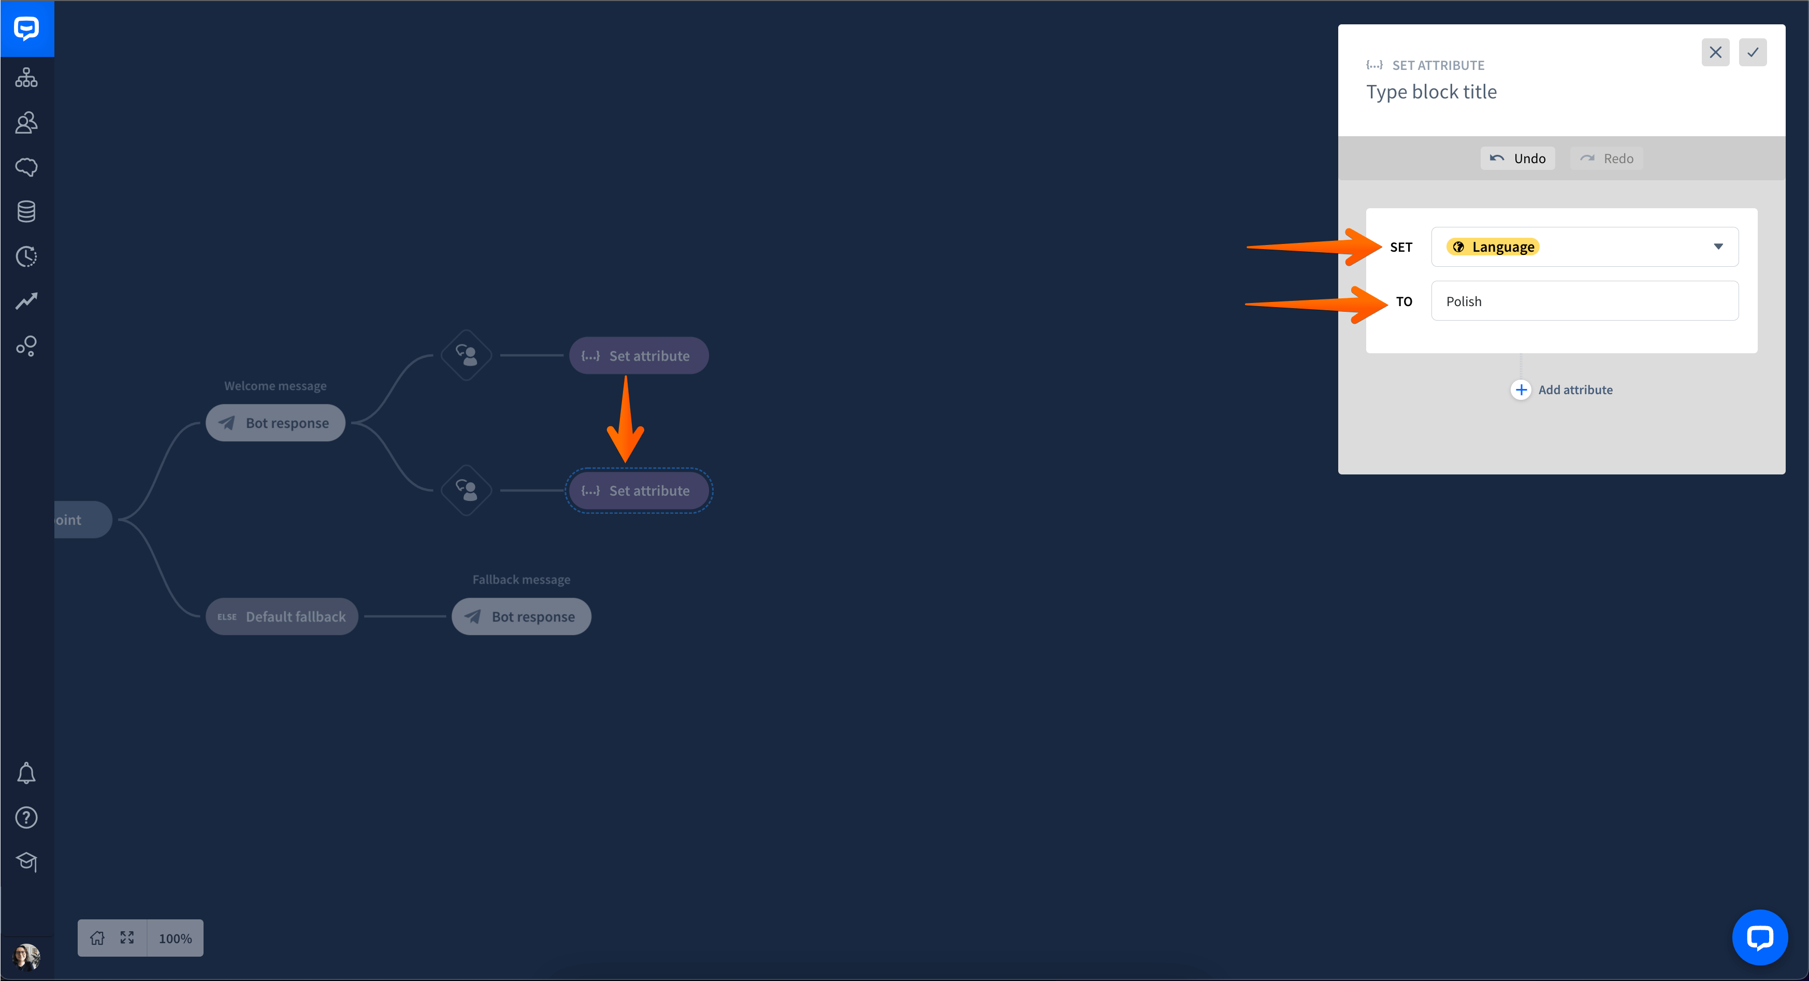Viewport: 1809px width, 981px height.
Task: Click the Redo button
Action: (1606, 158)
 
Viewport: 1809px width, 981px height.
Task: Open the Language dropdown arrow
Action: (1718, 247)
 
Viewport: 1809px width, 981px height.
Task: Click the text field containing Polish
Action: (1584, 301)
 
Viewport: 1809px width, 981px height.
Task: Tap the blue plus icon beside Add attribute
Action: (1521, 389)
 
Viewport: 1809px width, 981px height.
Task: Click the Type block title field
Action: (1431, 92)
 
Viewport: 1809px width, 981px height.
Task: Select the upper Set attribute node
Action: (639, 355)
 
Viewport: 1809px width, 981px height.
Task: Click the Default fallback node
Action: (282, 616)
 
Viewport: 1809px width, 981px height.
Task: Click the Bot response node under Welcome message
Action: (276, 423)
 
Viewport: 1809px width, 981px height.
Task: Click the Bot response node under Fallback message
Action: (521, 616)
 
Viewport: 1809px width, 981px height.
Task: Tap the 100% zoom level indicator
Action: (175, 938)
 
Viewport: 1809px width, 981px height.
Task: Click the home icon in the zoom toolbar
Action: (97, 938)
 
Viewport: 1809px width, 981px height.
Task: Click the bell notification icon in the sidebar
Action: (26, 773)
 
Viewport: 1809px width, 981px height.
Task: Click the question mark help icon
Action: (26, 817)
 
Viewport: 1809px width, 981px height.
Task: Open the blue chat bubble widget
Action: (1760, 937)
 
